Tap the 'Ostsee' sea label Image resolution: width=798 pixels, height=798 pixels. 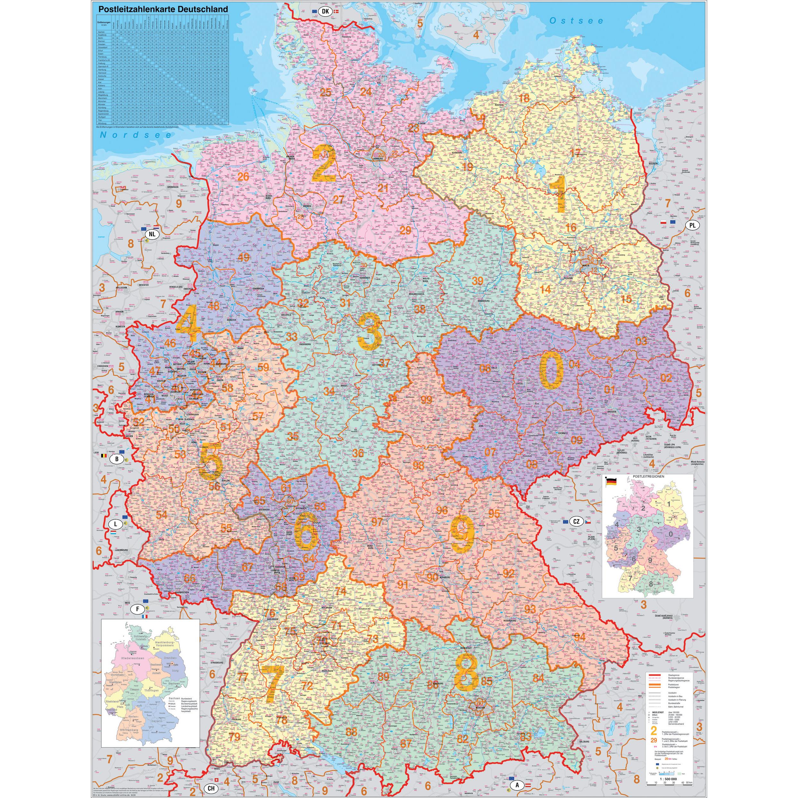(577, 21)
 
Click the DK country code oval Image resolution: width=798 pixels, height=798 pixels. (325, 12)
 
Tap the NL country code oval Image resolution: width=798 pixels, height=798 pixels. (152, 234)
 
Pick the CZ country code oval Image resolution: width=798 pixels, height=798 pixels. (576, 522)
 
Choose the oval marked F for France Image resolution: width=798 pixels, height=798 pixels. (138, 609)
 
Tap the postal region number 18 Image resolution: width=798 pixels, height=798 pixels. (524, 98)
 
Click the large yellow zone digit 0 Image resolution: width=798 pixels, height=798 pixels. (551, 373)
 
